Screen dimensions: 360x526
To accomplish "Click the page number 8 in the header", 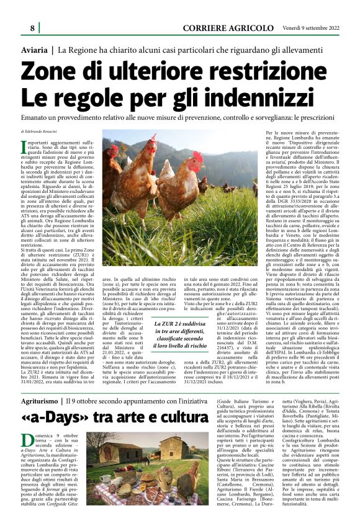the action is (x=32, y=29).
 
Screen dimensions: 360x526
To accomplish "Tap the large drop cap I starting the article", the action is (x=24, y=148).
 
